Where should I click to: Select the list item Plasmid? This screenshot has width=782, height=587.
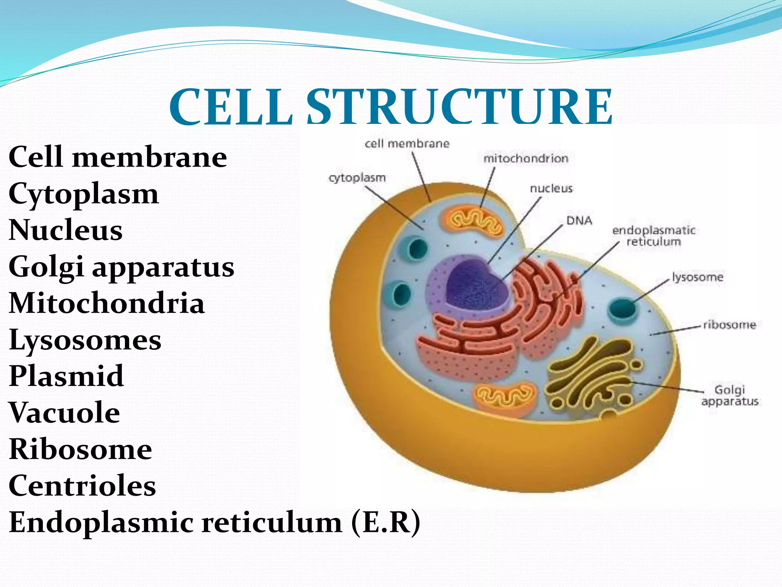point(66,376)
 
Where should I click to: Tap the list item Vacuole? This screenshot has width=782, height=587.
point(64,413)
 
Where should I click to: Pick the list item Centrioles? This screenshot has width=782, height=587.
point(82,486)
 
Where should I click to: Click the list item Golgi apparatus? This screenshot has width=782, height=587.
point(121,267)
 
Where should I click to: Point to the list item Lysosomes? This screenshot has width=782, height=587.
point(85,340)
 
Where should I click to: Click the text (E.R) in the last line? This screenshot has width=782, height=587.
point(386,522)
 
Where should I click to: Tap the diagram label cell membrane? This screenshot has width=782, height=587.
point(407,144)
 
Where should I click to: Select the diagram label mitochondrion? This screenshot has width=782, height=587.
point(526,159)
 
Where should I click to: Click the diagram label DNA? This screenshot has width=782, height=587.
point(579,221)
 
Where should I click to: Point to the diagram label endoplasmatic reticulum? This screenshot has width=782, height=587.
point(654,236)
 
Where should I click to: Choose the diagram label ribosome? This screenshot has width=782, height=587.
point(729,325)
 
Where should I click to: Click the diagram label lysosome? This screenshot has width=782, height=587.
point(698,277)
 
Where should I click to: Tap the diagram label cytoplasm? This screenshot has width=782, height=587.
point(357,178)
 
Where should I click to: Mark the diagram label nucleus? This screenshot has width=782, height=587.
point(551,188)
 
